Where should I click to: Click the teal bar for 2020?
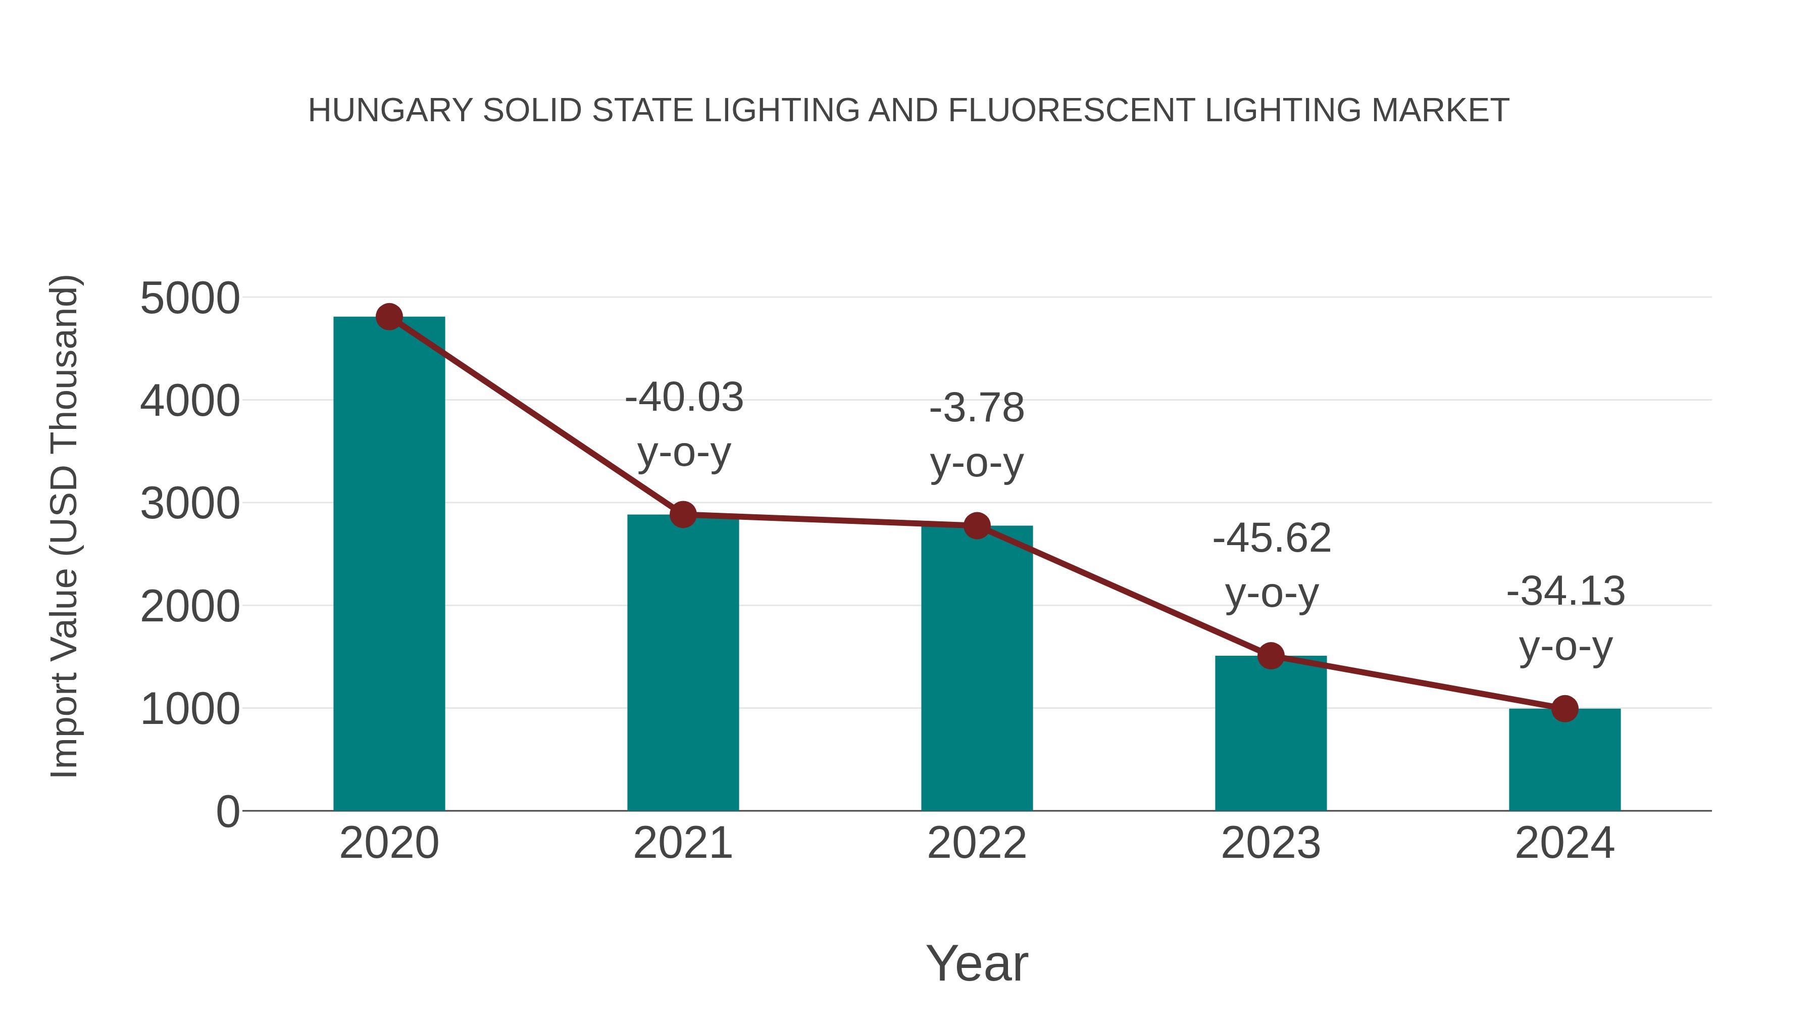(389, 565)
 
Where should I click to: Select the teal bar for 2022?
(977, 671)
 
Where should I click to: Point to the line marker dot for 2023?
(1271, 656)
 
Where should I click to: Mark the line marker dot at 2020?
(389, 317)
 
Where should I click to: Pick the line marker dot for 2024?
(1564, 708)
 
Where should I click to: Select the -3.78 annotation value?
(977, 408)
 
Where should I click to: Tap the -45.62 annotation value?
(1271, 539)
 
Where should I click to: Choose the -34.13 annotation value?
(1565, 591)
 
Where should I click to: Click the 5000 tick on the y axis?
(190, 299)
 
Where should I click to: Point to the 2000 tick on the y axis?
(190, 606)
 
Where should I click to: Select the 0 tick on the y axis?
(227, 812)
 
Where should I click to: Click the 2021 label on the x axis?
(682, 843)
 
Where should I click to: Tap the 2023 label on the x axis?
(1271, 843)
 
